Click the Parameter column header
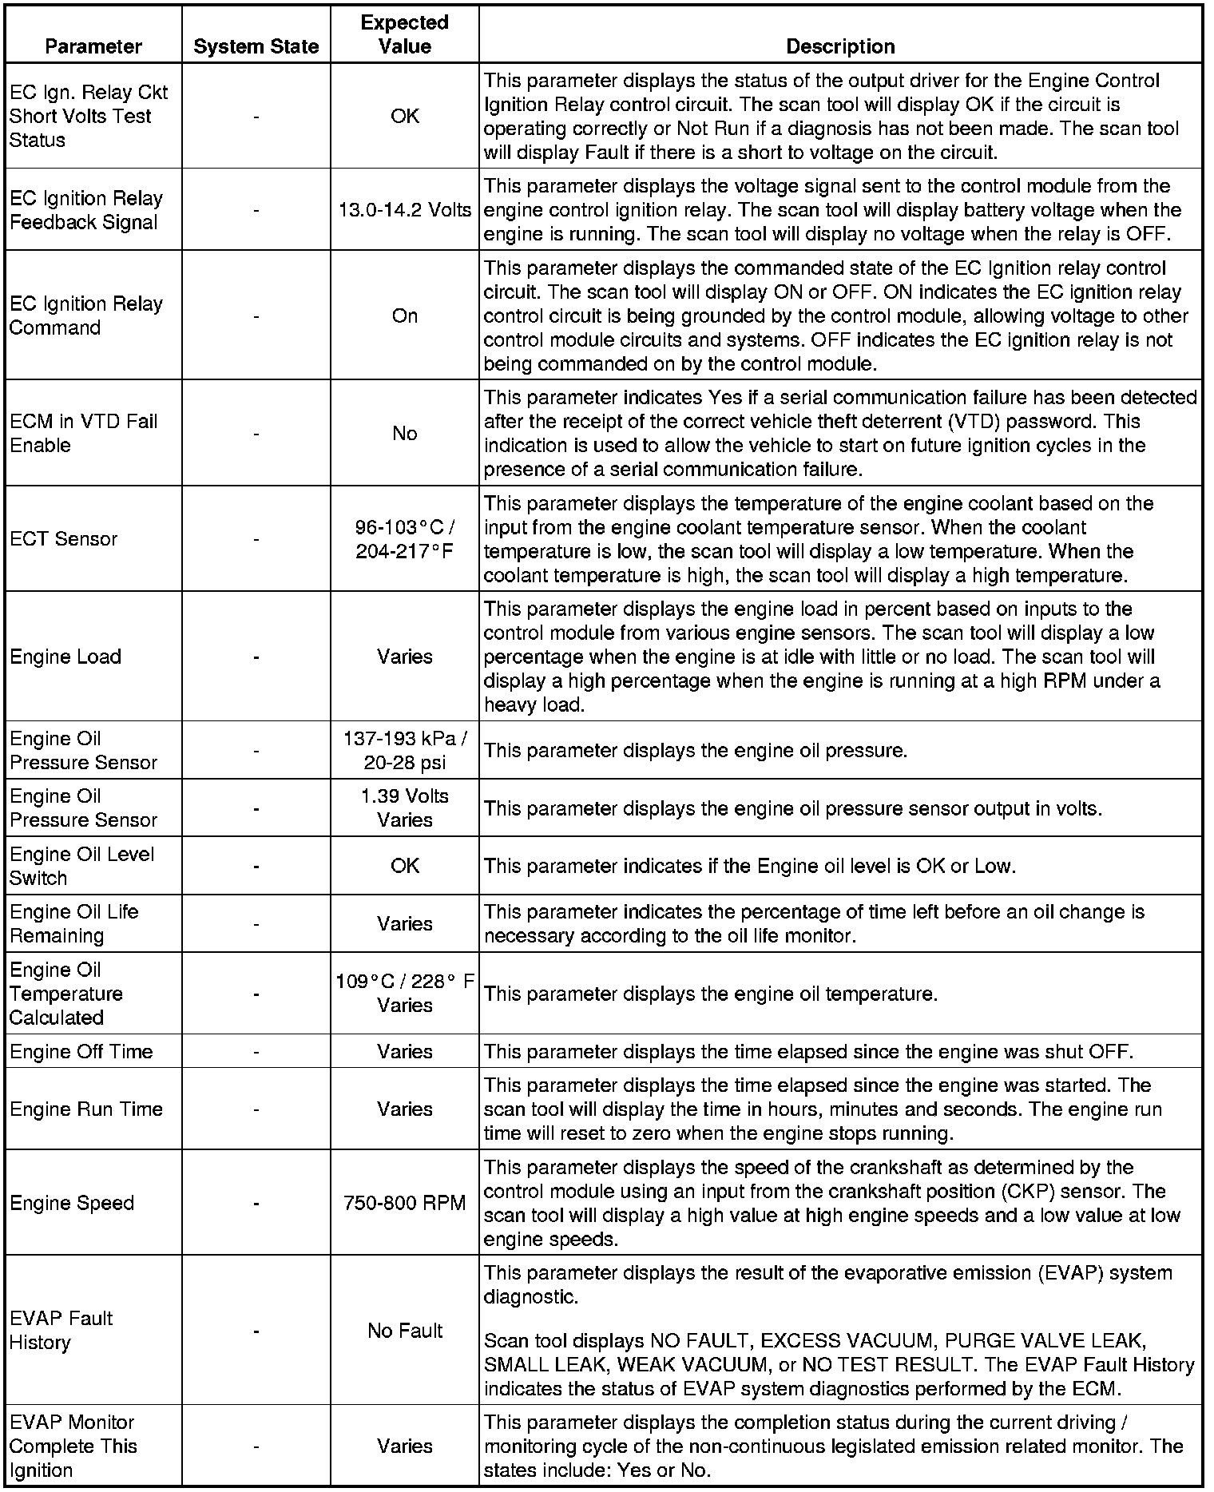(93, 46)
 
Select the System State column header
(256, 46)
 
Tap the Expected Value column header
(404, 34)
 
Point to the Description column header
(840, 46)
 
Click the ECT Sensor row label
(64, 539)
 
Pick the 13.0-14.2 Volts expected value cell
(404, 210)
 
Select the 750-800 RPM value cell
(404, 1203)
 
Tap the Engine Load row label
(65, 657)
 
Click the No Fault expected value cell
(404, 1331)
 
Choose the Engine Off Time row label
(81, 1051)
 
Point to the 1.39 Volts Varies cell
(404, 808)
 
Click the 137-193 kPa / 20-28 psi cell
(404, 750)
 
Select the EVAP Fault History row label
(61, 1331)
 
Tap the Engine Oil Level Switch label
(81, 866)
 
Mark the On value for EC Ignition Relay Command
(404, 315)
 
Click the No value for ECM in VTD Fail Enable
(404, 433)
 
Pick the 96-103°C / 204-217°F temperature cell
(404, 539)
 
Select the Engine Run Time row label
(86, 1109)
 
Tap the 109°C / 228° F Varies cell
(404, 994)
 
